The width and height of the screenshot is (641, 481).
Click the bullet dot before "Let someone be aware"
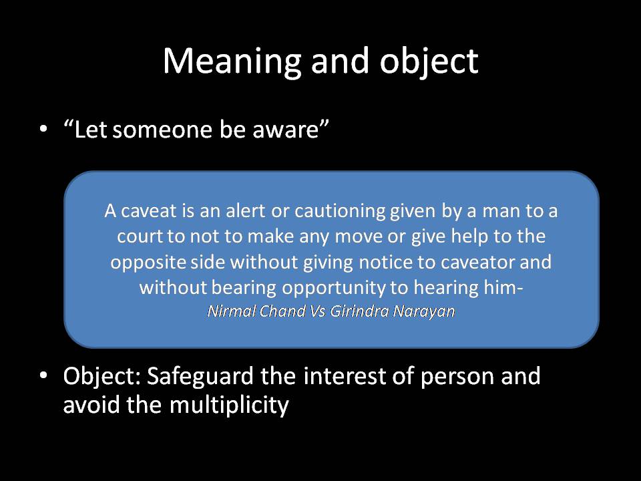43,128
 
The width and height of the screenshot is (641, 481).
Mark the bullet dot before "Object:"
43,376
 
